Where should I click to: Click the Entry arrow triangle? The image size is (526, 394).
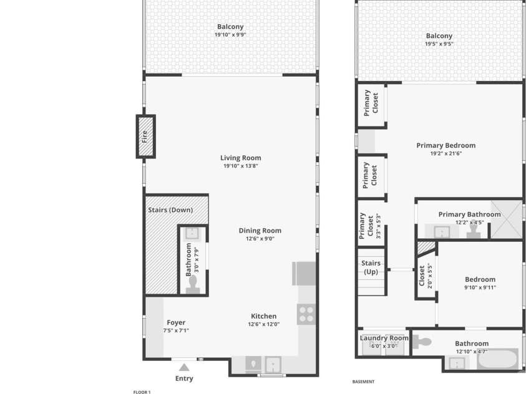point(184,368)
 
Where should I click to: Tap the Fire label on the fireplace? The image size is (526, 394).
point(145,137)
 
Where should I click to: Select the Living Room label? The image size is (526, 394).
point(240,158)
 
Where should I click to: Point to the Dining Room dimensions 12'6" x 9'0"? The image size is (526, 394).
point(260,239)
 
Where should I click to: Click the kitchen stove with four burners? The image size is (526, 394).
point(306,314)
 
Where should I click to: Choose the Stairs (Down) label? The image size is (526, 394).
point(170,210)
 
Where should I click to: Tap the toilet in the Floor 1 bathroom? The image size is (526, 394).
point(193,286)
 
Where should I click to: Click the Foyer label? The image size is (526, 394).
point(176,322)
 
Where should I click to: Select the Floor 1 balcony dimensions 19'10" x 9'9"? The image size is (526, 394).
point(230,34)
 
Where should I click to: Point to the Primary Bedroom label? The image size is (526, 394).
point(446,145)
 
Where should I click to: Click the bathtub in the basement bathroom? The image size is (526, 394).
point(497,360)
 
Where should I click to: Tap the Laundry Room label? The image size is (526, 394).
point(384,338)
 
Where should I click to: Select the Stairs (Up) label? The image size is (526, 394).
point(371,267)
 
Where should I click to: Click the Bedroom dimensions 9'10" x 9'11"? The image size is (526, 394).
point(480,287)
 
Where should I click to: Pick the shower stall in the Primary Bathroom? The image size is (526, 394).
point(507,219)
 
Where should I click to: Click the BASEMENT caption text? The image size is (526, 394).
point(363,382)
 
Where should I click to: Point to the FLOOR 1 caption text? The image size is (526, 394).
point(142,392)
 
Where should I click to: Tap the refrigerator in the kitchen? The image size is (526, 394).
point(304,274)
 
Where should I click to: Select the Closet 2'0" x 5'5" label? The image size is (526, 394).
point(426,276)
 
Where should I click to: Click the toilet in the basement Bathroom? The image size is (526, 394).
point(421,342)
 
